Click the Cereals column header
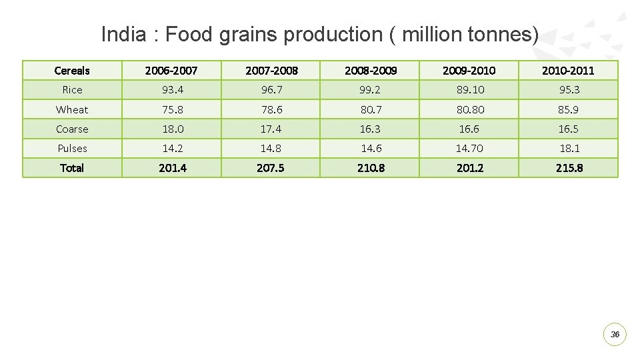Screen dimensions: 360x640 72,70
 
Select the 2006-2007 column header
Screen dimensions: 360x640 172,70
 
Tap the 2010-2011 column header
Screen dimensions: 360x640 569,70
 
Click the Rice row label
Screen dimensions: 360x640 72,89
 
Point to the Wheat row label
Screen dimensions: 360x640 72,109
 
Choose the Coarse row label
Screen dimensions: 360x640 72,129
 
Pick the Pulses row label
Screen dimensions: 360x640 72,148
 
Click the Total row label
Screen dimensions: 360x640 72,168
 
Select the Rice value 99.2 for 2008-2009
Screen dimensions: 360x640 370,89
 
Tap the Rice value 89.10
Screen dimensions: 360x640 469,89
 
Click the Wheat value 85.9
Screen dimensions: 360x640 569,109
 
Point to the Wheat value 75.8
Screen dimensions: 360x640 172,109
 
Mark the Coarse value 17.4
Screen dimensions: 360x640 271,129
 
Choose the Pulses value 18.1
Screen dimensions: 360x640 569,148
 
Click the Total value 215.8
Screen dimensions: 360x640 569,168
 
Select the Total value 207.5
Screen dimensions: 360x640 271,168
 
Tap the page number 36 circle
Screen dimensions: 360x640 615,334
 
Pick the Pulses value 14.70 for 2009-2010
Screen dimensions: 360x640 469,148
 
